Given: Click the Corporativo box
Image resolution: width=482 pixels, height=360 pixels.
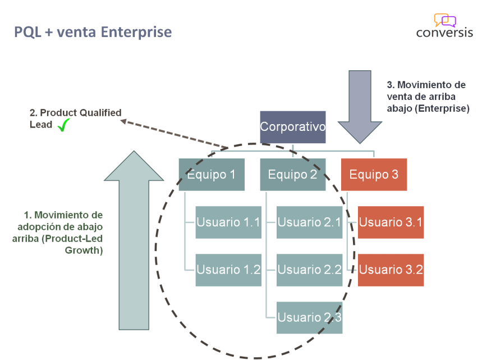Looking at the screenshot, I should [x=292, y=127].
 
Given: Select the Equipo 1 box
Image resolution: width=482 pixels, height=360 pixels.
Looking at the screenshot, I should [x=212, y=175].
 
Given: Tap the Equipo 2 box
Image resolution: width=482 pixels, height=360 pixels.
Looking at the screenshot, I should [x=292, y=175].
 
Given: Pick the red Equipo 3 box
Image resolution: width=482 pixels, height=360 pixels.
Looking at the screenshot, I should [x=374, y=175].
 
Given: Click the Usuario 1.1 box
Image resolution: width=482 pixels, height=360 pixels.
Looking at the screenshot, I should [x=228, y=222].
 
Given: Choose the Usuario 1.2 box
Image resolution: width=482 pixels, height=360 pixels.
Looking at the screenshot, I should [x=228, y=270].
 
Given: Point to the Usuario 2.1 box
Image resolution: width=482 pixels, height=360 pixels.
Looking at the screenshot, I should [x=309, y=222].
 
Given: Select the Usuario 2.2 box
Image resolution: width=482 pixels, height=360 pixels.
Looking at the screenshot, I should [x=309, y=270].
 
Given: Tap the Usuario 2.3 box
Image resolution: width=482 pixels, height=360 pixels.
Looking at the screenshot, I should [x=309, y=317].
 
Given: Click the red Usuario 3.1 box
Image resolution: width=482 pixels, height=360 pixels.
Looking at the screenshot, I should [x=391, y=222].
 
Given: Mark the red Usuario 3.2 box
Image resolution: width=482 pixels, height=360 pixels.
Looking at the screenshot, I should [x=391, y=270].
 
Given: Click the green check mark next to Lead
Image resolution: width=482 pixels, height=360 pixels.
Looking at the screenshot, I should [x=63, y=125].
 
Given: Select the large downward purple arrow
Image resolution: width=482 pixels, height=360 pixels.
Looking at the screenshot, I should [x=360, y=107].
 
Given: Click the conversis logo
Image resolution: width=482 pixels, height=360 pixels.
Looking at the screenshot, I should [x=444, y=26].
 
